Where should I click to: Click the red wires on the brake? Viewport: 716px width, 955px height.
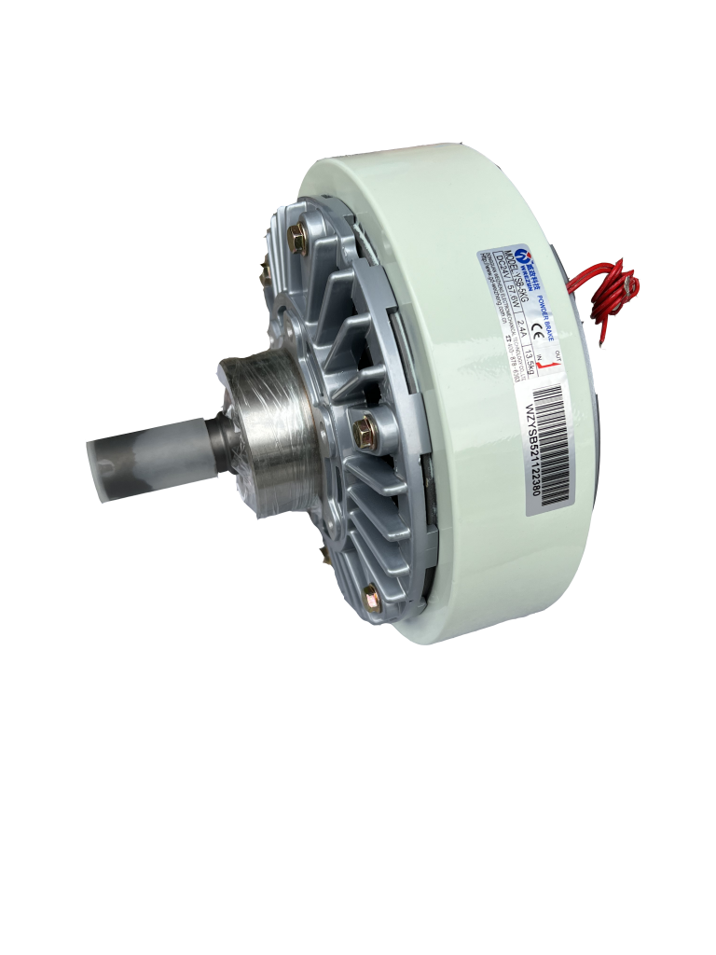click(614, 289)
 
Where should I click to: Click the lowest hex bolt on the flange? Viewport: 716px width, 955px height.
click(369, 592)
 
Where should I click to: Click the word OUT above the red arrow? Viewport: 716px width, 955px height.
click(558, 355)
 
